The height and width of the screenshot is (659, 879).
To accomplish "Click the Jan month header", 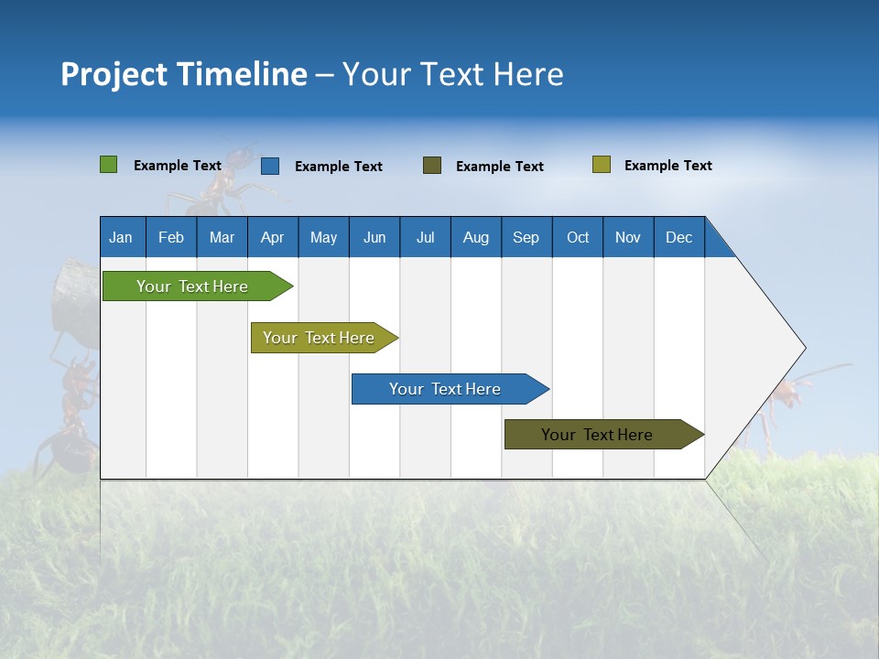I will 121,237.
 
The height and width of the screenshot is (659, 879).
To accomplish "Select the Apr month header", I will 272,237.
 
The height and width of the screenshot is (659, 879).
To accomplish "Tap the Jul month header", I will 425,237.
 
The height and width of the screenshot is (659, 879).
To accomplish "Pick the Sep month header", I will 526,237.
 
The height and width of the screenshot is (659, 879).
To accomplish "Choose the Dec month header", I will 678,237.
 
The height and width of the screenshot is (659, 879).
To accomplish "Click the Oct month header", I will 578,237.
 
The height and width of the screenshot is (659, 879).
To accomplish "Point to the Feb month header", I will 171,237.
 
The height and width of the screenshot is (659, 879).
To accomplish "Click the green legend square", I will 109,165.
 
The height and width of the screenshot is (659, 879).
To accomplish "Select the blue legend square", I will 270,166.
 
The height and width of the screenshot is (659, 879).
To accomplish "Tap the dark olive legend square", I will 432,165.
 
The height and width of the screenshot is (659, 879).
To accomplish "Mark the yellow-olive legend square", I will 602,165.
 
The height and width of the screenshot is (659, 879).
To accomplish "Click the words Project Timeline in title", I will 183,74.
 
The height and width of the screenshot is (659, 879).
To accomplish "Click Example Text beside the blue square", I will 338,167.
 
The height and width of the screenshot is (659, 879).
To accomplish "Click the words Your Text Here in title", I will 453,74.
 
